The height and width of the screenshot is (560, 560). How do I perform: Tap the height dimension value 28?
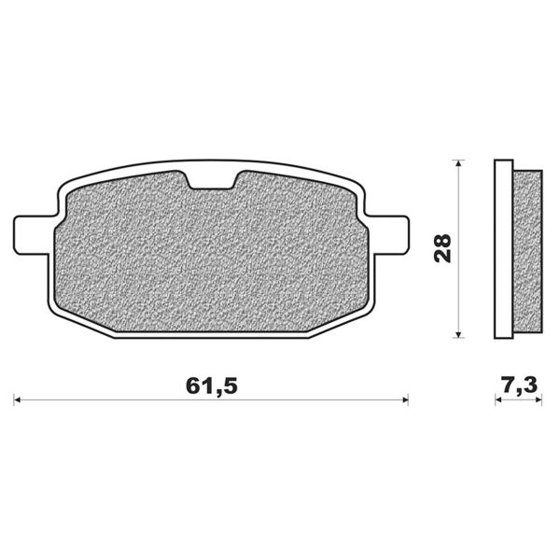444,248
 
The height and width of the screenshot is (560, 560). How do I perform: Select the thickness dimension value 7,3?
519,384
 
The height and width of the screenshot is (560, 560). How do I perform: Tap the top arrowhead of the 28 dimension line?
458,165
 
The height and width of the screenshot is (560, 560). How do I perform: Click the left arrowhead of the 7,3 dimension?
498,400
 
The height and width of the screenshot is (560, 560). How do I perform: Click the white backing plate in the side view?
503,248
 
